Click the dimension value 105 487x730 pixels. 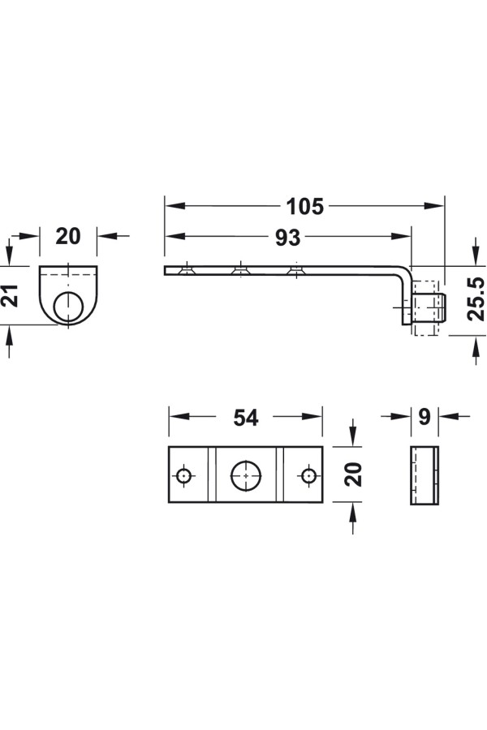pos(305,207)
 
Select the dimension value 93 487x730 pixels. pos(287,238)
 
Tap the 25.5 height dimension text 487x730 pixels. pos(476,298)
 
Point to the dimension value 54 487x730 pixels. pos(246,418)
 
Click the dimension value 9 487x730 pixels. pos(424,417)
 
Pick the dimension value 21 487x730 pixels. pos(11,295)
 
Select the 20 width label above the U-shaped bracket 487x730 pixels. pos(68,237)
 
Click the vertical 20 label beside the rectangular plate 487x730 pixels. pos(354,474)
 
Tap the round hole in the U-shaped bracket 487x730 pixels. pos(68,307)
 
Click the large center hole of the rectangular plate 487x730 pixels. pos(246,475)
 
